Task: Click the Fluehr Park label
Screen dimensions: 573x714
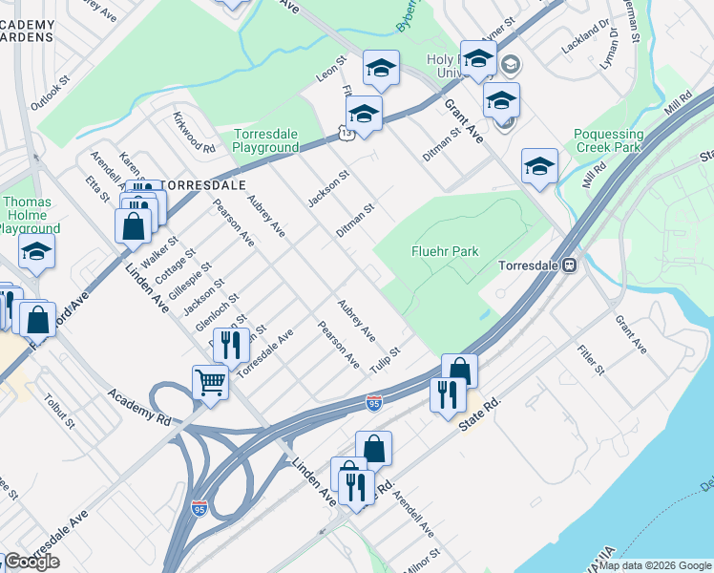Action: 444,251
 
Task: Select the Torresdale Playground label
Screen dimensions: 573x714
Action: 266,140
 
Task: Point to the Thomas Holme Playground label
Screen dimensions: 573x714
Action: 31,215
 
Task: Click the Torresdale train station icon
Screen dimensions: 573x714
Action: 569,265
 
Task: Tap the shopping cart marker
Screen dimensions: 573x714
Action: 210,382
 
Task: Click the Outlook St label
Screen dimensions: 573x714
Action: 50,93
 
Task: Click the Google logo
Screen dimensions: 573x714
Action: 31,562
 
